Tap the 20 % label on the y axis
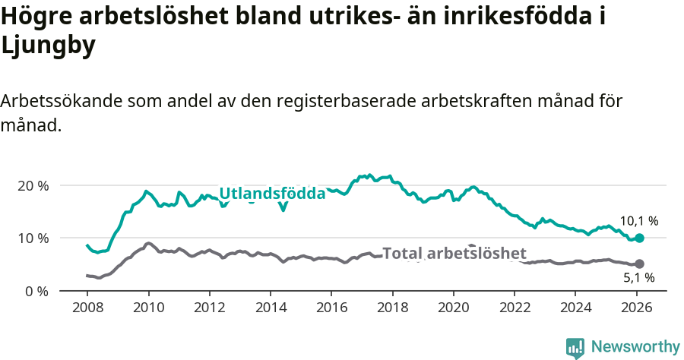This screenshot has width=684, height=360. pos(32,186)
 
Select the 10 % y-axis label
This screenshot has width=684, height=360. pos(32,238)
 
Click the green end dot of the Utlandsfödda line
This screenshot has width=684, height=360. pos(640,238)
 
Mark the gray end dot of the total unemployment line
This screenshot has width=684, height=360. pos(640,264)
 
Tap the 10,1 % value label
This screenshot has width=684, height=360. pos(639,221)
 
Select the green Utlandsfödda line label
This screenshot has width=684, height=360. pos(272,194)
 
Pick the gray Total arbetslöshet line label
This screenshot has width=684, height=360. pos(454,254)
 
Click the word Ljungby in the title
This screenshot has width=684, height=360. pos(49,46)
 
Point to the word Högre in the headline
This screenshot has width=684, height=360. pos(38,17)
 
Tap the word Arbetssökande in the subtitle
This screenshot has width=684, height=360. pos(62,101)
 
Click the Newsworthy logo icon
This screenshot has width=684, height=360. pos(575,347)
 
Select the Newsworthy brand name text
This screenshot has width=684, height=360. pos(635,347)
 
